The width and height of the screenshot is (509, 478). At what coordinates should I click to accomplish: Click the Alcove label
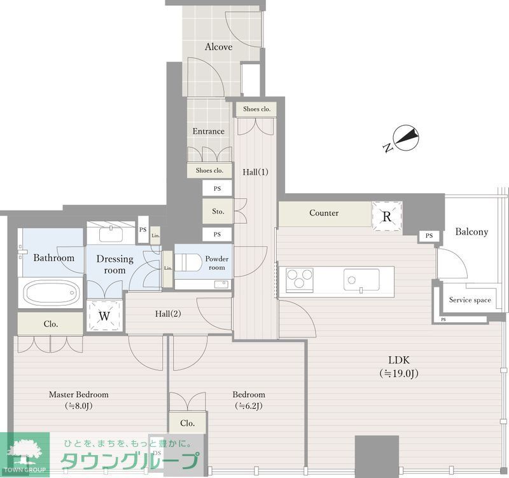[x=218, y=47]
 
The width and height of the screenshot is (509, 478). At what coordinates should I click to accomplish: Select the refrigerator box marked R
[x=387, y=216]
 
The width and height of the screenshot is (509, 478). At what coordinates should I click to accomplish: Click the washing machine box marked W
[x=104, y=315]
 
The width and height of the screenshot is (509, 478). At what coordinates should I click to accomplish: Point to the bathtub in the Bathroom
[x=52, y=293]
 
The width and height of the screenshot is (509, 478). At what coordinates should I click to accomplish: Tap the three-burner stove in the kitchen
[x=299, y=280]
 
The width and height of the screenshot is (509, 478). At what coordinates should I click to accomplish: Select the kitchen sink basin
[x=361, y=280]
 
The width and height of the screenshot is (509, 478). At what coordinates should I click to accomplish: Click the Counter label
[x=324, y=213]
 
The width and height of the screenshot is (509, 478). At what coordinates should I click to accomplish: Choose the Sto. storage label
[x=218, y=212]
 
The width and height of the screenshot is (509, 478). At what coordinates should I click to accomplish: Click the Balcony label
[x=471, y=231]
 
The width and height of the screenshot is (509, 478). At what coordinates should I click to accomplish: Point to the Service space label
[x=470, y=300]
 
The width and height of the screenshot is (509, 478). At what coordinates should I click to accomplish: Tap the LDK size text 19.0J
[x=399, y=374]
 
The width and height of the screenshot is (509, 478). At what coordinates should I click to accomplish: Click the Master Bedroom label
[x=78, y=395]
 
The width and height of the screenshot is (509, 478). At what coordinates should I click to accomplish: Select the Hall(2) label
[x=168, y=313]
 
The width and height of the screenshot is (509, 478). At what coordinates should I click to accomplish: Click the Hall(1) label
[x=256, y=172]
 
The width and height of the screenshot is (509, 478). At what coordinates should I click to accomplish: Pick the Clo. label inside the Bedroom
[x=187, y=423]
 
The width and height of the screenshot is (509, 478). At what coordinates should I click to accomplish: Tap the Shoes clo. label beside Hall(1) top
[x=256, y=109]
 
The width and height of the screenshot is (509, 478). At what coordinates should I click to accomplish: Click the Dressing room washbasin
[x=111, y=234]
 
